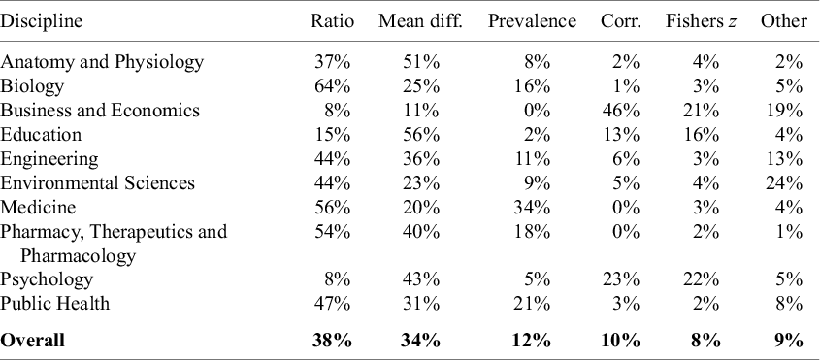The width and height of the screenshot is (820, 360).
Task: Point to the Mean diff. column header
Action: pos(418,21)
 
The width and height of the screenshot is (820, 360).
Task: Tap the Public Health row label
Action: pos(55,304)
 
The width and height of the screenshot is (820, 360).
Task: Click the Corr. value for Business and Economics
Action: pos(623,111)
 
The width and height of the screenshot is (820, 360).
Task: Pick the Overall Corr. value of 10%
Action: pos(621,340)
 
